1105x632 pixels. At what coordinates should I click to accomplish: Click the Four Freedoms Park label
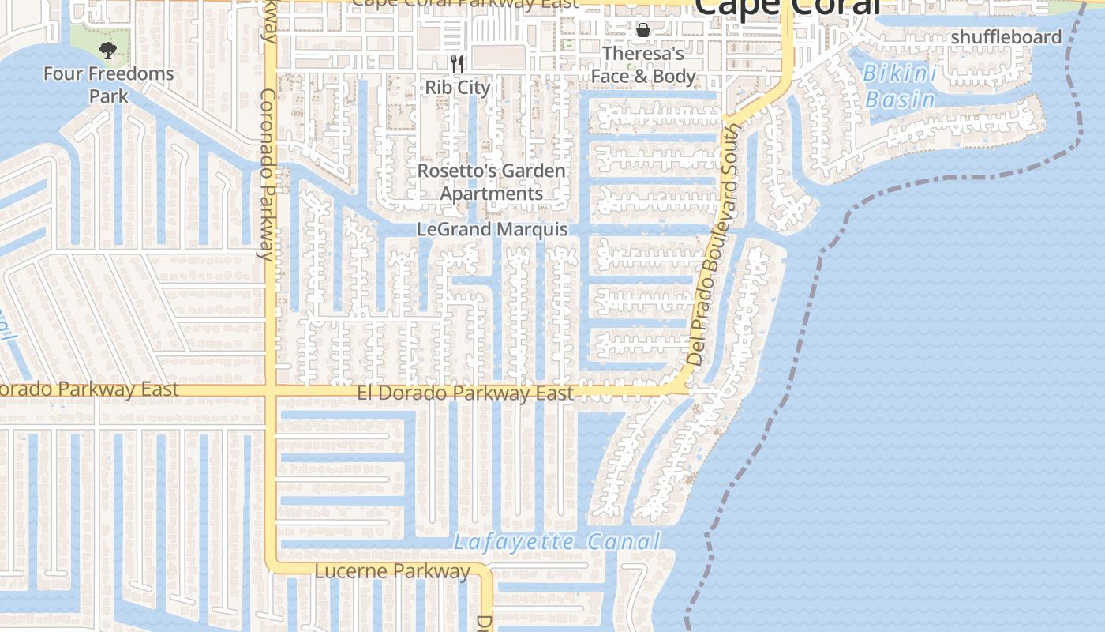tap(108, 85)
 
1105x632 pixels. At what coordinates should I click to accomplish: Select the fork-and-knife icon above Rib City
tap(458, 63)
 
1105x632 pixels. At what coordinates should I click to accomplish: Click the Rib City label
tap(458, 87)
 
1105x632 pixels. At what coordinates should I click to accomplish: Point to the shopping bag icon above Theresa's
tap(643, 30)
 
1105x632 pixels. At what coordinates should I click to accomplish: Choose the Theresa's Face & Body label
tap(643, 65)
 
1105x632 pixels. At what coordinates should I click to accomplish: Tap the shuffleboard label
tap(1006, 37)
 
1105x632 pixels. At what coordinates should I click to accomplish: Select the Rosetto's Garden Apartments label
tap(491, 182)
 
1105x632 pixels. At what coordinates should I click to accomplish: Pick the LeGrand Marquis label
tap(492, 230)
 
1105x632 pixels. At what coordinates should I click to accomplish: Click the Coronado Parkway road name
tap(268, 174)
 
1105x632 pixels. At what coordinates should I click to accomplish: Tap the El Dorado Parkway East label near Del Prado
tap(466, 393)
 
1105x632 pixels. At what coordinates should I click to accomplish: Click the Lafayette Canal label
tap(556, 542)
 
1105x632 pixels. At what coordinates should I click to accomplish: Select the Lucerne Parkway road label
tap(392, 570)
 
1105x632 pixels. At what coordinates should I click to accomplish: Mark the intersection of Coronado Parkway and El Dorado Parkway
tap(270, 390)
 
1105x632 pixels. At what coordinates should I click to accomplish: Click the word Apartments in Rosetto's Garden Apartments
tap(491, 194)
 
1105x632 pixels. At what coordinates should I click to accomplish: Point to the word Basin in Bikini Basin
tap(901, 100)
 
